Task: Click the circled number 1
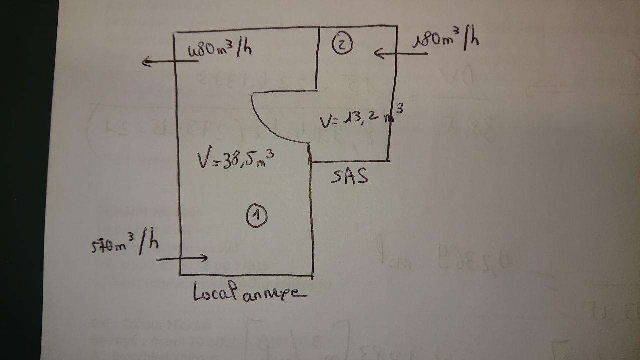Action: point(257,216)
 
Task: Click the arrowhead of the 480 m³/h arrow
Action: point(145,62)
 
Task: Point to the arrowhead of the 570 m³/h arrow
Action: point(204,258)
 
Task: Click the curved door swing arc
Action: point(270,125)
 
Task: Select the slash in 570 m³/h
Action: point(143,243)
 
